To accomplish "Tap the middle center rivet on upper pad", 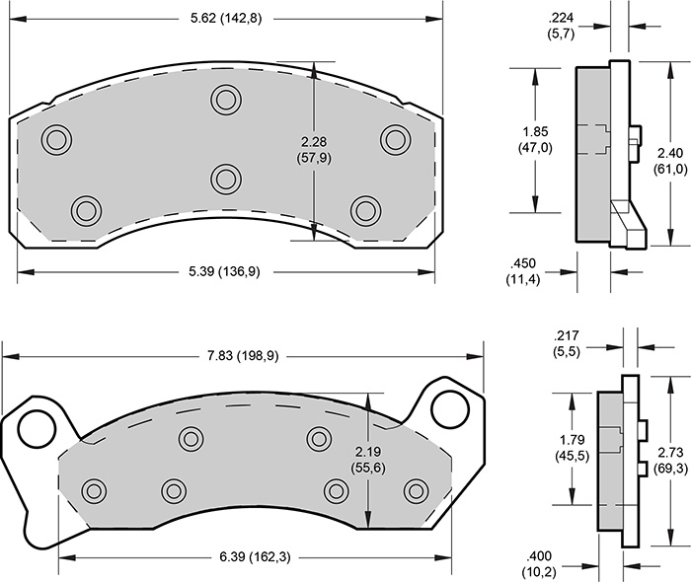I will pyautogui.click(x=226, y=179).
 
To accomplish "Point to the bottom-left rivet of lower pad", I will pyautogui.click(x=95, y=489).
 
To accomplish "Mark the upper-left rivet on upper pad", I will pyautogui.click(x=57, y=138).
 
